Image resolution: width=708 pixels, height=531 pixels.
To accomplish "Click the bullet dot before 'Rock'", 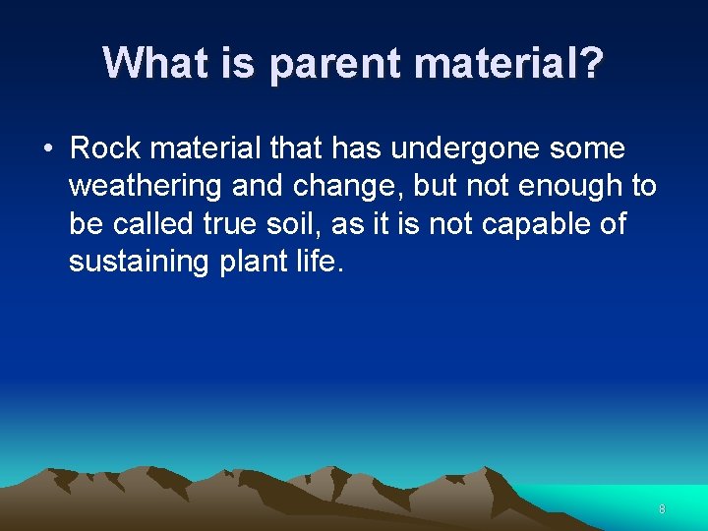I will (x=47, y=149).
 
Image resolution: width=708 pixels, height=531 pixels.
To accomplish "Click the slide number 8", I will (x=662, y=508).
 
